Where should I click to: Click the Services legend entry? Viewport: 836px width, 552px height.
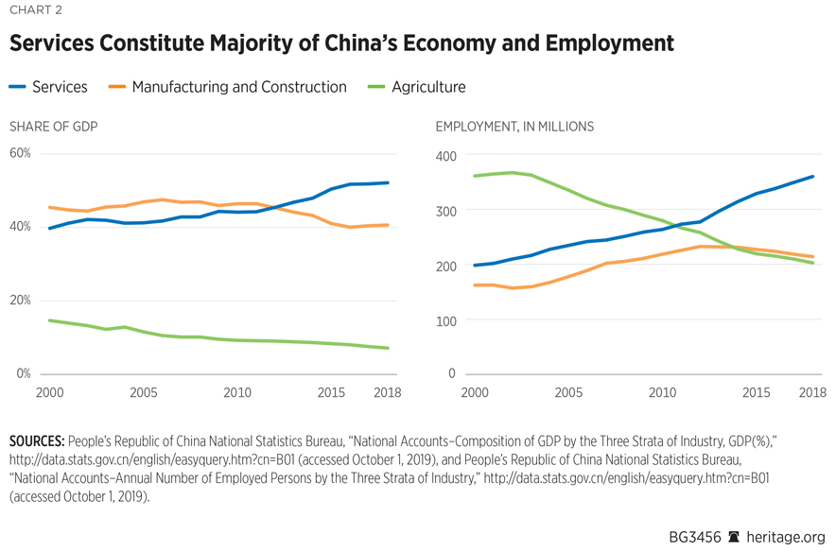point(48,87)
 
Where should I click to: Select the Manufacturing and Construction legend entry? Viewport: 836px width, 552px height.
point(227,87)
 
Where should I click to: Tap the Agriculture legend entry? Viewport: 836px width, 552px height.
point(415,87)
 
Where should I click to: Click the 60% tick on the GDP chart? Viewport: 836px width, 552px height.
point(21,153)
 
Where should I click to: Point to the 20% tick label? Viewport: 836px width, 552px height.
point(21,301)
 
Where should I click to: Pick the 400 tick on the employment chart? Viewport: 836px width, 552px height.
point(445,156)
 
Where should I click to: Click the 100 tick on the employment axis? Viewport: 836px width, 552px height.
point(445,321)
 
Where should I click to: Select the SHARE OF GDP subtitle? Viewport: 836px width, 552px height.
point(53,127)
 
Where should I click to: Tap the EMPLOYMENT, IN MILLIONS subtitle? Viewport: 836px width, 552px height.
point(514,127)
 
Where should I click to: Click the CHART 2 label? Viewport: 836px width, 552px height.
point(36,12)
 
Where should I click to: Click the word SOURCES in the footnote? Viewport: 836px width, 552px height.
point(37,441)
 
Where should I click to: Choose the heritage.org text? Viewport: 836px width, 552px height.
point(787,536)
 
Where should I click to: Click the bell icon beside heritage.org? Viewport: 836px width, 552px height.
point(733,536)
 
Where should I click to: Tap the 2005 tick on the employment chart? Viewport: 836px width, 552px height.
point(567,392)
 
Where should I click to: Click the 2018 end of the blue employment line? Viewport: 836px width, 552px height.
point(812,176)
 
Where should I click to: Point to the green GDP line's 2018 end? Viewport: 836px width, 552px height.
point(388,348)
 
